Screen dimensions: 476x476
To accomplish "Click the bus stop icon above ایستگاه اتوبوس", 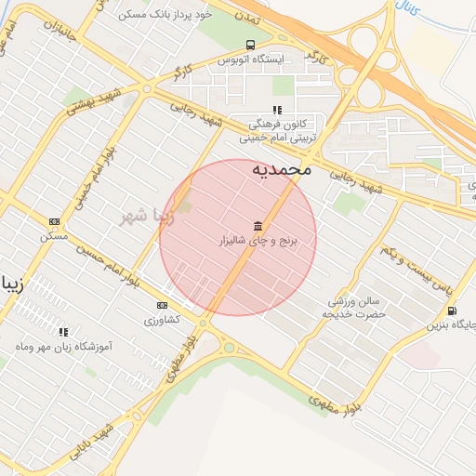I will pos(250,45).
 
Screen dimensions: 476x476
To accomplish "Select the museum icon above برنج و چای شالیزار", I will pos(257,226).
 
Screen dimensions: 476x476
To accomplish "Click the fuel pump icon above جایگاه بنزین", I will pos(451,311).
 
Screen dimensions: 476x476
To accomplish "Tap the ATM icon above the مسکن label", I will pos(54,221).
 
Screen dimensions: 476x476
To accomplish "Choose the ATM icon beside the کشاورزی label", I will pos(163,305).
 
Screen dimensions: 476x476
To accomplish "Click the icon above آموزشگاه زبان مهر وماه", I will pos(63,332).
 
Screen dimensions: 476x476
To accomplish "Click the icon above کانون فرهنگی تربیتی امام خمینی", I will pos(276,110).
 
